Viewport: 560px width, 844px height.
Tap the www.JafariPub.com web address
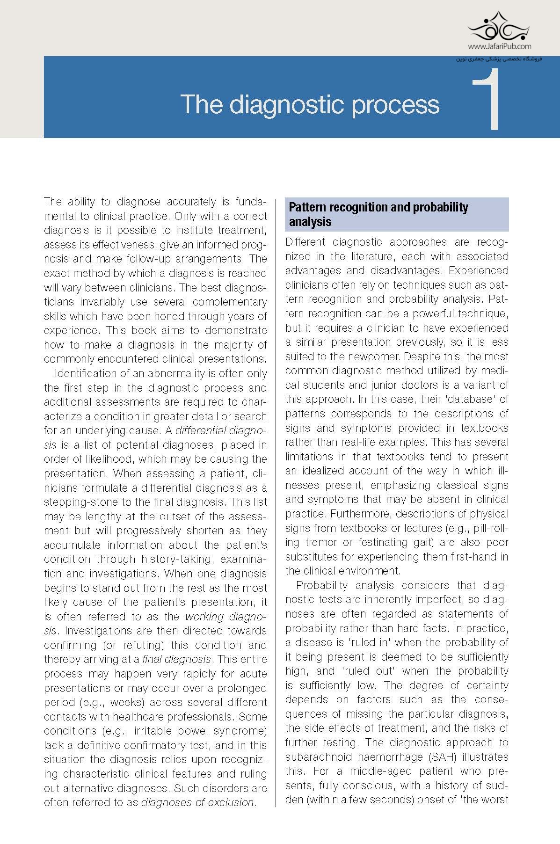point(499,46)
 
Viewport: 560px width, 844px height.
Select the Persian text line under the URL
point(499,59)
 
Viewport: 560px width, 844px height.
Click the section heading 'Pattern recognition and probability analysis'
point(378,214)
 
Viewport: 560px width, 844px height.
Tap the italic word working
point(206,616)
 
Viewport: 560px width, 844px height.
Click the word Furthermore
point(362,514)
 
